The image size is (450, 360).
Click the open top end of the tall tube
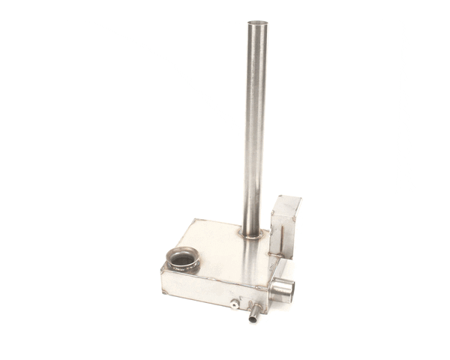pos(257,22)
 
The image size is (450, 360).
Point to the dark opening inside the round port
pos(182,260)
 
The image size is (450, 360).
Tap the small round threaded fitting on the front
pos(235,304)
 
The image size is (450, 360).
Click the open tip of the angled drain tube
pos(252,320)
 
